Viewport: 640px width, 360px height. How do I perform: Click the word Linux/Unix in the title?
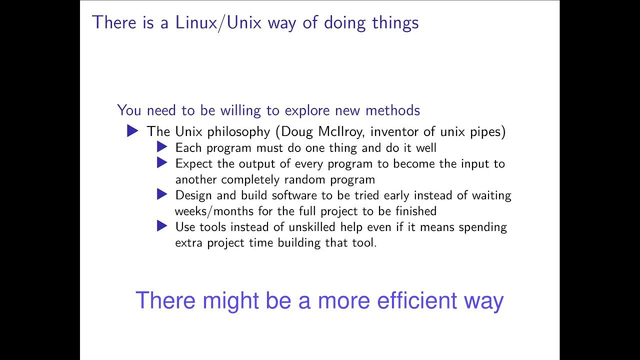pos(218,22)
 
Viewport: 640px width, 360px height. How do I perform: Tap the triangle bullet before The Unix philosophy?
pos(132,131)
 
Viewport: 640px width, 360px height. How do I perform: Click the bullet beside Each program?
pos(161,147)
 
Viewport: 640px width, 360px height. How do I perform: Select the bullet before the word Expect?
pos(161,162)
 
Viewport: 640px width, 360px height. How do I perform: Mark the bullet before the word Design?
pos(161,194)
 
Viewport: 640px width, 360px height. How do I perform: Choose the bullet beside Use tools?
pos(161,226)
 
